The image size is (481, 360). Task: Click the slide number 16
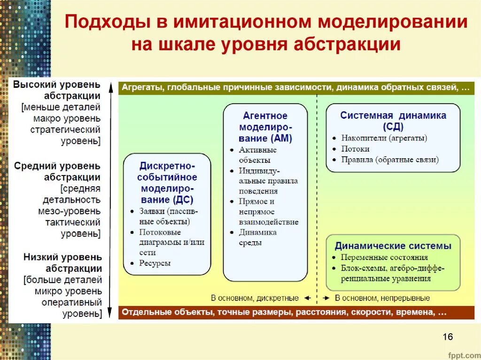447,337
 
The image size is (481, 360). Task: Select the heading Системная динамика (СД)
393,121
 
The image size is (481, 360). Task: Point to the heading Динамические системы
393,245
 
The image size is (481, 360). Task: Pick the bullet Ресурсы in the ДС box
155,263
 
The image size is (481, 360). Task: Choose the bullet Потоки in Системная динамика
355,149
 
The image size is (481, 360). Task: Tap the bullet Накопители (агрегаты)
384,138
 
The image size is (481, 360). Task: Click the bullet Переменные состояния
384,257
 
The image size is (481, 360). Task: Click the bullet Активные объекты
257,155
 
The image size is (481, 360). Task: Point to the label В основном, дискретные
255,298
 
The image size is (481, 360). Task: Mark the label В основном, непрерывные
382,298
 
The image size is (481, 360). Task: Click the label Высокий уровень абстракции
57,90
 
